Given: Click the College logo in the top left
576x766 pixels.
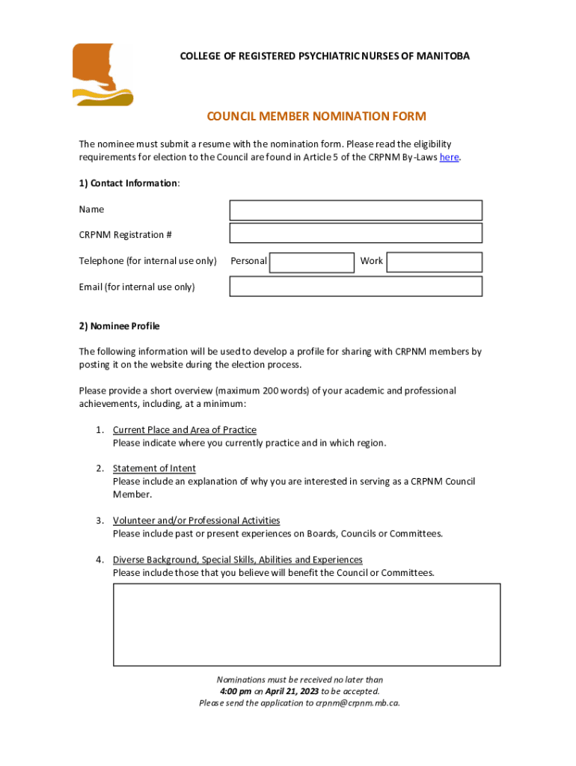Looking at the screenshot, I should click(x=102, y=74).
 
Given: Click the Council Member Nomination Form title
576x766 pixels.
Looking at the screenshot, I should click(x=316, y=116).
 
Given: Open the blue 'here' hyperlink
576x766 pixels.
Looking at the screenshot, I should click(x=449, y=157).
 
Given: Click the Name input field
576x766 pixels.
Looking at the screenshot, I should click(x=355, y=210).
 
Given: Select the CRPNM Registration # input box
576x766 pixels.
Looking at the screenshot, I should click(x=355, y=233).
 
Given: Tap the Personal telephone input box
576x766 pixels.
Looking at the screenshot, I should click(x=311, y=262).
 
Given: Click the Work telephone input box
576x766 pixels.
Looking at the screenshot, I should click(x=434, y=262).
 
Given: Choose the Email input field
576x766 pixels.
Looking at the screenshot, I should click(x=355, y=287).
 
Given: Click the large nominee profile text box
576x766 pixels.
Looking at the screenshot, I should click(x=307, y=625).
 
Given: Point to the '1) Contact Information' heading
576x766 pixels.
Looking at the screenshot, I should click(x=129, y=183).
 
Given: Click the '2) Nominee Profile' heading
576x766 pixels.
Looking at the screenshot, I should click(x=119, y=326).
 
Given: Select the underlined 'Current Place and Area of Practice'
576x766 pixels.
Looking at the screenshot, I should click(x=184, y=430).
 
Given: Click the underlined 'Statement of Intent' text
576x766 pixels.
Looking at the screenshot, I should click(x=154, y=468).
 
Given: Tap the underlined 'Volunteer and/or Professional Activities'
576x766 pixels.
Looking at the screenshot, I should click(x=196, y=521).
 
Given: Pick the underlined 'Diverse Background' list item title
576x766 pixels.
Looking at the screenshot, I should click(x=237, y=560).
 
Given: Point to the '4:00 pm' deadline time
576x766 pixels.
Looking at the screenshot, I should click(x=235, y=691).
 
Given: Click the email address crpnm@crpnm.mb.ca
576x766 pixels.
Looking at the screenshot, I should click(x=358, y=703).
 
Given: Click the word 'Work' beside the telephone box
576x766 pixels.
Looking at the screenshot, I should click(x=371, y=261).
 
